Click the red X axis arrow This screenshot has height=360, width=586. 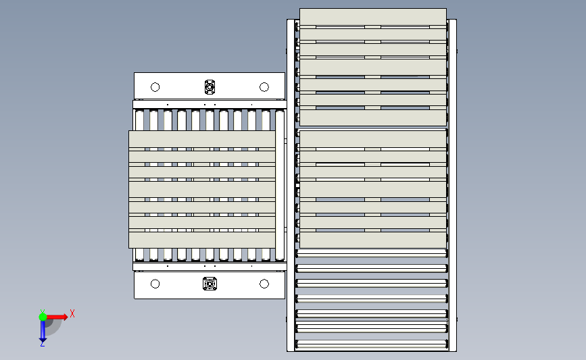[56, 317]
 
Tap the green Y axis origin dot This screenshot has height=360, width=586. [43, 317]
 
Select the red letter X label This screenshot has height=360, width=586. [72, 313]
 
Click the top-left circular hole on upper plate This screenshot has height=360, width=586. [155, 87]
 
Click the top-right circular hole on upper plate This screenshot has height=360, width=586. [264, 87]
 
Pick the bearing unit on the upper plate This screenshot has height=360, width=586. [210, 87]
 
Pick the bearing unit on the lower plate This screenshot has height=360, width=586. [210, 284]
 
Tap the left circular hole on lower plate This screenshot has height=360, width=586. [155, 284]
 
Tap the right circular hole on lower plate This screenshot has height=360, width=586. [264, 284]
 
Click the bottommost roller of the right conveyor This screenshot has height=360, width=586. [372, 344]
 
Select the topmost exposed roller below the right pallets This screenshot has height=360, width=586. [372, 253]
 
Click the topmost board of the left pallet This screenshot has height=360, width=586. [202, 139]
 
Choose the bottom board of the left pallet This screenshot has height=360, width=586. [202, 240]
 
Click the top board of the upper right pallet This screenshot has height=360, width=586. [373, 17]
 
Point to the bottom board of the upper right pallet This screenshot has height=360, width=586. [373, 118]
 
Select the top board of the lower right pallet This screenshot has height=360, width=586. [373, 138]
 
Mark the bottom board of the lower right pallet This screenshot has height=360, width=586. [373, 240]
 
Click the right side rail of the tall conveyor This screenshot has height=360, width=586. [453, 185]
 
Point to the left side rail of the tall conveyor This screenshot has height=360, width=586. [291, 185]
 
